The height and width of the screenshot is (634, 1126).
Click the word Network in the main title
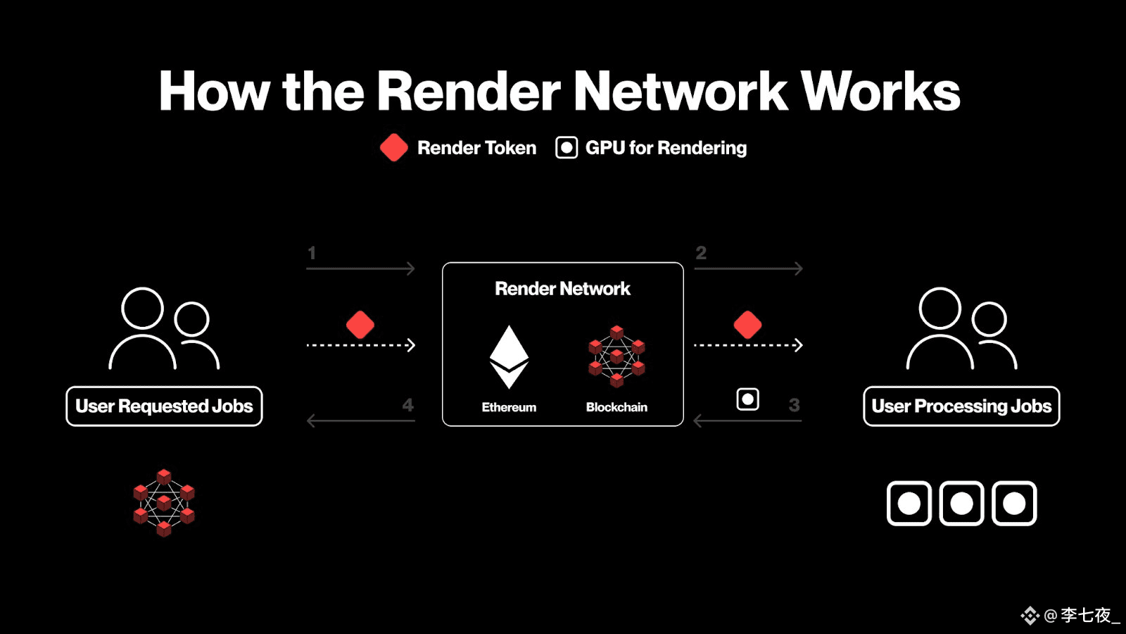[681, 91]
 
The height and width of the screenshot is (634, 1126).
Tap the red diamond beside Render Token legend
[394, 147]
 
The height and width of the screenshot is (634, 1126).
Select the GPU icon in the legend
[567, 147]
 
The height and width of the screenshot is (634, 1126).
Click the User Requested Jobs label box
[164, 406]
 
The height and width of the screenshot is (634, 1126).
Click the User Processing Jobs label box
[961, 406]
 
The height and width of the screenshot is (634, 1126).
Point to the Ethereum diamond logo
[509, 356]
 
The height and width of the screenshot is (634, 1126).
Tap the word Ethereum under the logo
[509, 407]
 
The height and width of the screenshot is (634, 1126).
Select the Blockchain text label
[616, 407]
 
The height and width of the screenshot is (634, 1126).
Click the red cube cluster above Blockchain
[616, 356]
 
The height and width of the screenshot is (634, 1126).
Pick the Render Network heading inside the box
[562, 288]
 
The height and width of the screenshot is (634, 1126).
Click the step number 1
[312, 253]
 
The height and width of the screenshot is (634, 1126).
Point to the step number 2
[701, 253]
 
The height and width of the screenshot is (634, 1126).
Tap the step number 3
[795, 404]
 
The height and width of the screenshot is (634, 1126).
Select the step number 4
[407, 404]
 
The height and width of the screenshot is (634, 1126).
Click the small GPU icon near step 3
[747, 399]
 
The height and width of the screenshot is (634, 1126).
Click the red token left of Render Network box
[360, 325]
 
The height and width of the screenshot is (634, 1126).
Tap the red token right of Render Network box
[747, 325]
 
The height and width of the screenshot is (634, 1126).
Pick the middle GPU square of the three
[961, 503]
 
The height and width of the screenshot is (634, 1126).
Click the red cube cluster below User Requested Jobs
[164, 503]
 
